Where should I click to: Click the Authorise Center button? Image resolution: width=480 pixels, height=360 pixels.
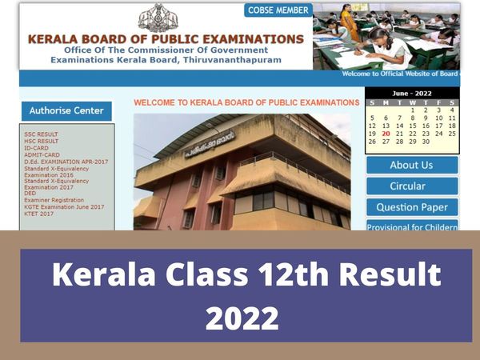pos(66,110)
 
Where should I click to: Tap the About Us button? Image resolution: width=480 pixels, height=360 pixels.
pos(411,165)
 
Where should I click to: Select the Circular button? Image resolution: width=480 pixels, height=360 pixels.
pos(411,186)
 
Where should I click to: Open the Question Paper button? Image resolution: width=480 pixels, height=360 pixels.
pos(411,207)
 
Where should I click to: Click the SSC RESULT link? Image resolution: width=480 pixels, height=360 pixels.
pos(41,134)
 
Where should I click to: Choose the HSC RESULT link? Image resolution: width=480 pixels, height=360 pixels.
pos(41,141)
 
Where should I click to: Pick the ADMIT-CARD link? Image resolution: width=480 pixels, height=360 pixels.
pos(42,154)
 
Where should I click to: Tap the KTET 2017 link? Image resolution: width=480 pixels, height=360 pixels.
pos(38,214)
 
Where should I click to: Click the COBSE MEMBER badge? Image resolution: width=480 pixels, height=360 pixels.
pos(278,10)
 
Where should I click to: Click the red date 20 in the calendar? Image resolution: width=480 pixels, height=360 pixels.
pos(386,134)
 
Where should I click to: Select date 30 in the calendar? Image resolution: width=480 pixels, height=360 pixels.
pos(425,142)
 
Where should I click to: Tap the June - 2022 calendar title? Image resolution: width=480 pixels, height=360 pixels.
pos(412,94)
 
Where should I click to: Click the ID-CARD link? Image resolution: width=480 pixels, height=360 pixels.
pos(36,148)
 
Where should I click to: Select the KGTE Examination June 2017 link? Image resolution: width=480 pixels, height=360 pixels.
pos(64,206)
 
